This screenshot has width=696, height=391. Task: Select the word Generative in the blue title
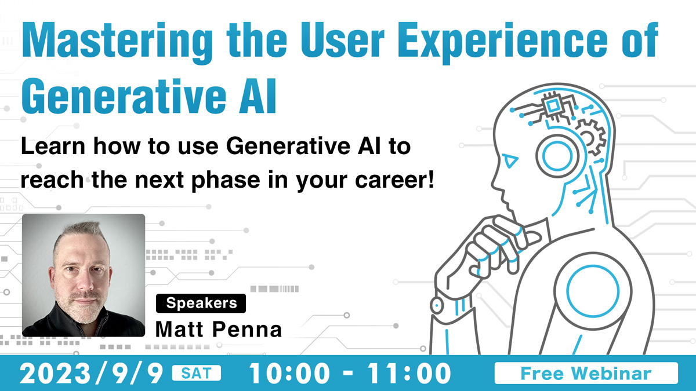click(x=124, y=97)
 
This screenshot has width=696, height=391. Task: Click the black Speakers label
click(x=201, y=303)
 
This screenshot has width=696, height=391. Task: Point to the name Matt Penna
click(x=219, y=329)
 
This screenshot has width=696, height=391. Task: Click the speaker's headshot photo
click(x=84, y=275)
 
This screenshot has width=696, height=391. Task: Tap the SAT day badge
click(x=197, y=373)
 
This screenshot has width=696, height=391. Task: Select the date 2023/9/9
click(x=92, y=373)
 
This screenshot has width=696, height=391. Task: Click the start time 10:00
click(x=289, y=373)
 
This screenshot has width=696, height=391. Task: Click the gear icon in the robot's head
click(x=590, y=137)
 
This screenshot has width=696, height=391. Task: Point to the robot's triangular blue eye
click(x=510, y=161)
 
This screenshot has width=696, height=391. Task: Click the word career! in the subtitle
click(x=394, y=180)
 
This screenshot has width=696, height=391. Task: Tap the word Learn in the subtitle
click(x=53, y=147)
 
